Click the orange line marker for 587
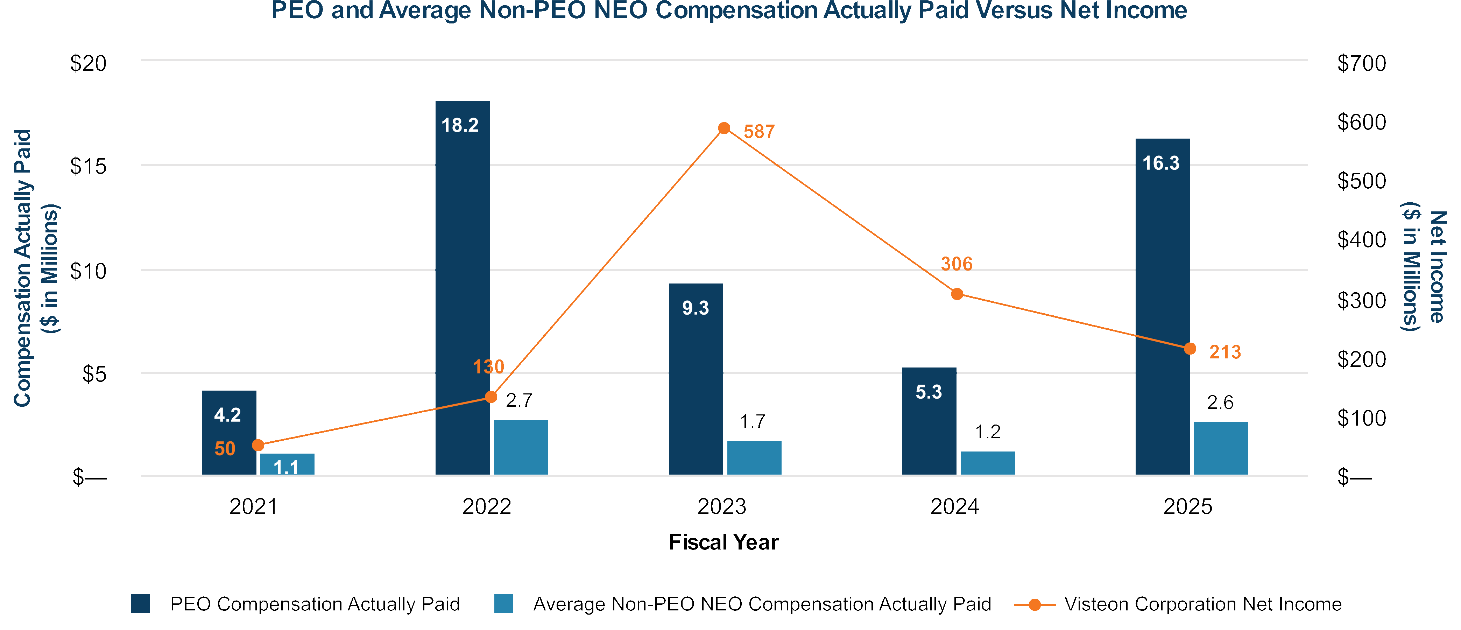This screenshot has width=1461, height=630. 724,128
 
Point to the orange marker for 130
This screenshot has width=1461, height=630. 491,397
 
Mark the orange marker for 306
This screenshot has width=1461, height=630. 957,294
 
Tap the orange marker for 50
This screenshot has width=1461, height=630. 258,445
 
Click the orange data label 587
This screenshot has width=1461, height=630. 759,132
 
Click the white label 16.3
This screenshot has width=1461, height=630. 1160,163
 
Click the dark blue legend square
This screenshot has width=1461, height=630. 141,604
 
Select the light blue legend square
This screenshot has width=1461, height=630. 504,604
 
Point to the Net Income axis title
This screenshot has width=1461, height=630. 1424,267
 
